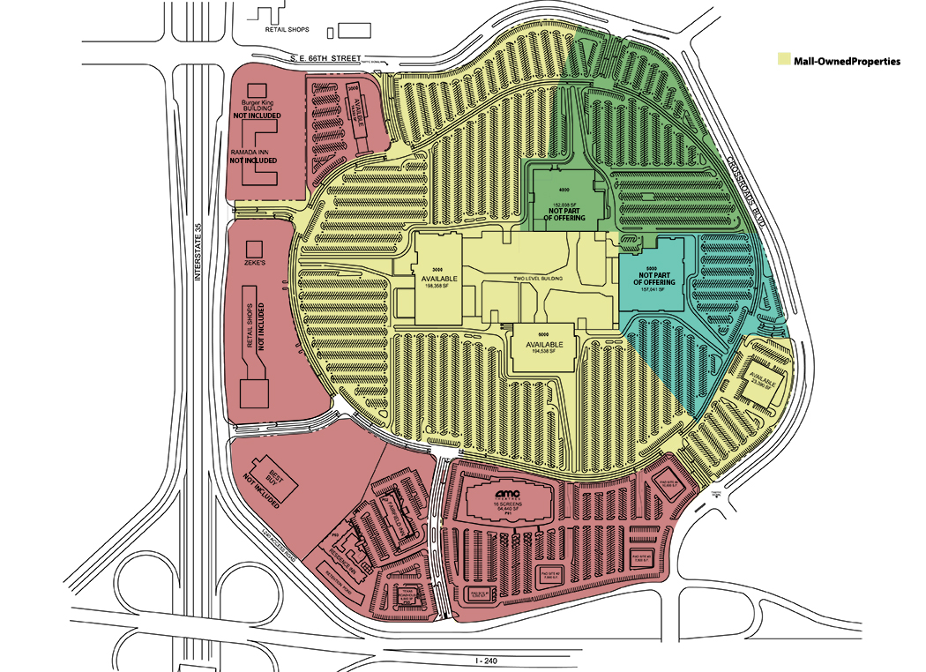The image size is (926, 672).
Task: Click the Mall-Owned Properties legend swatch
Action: (x=783, y=62)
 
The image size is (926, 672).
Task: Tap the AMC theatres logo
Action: (x=507, y=495)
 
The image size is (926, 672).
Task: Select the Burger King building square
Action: (x=256, y=90)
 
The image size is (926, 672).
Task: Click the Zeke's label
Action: (x=256, y=263)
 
